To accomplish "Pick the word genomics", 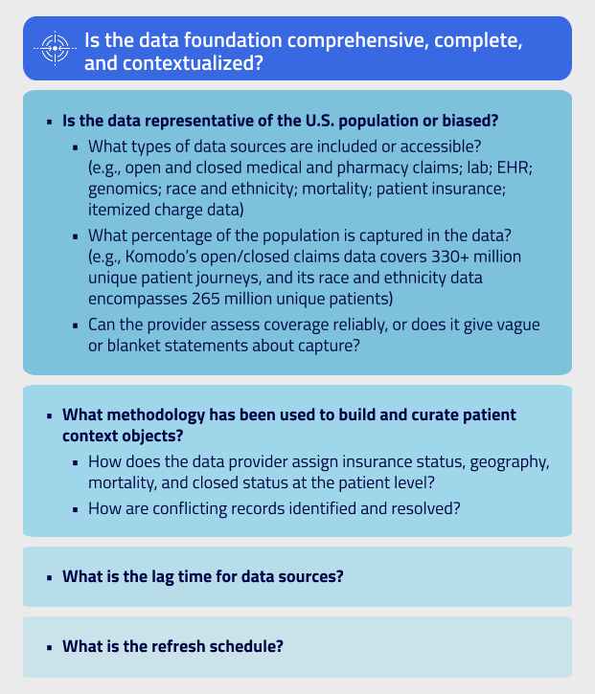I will (121, 190).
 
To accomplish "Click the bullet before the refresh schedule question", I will (48, 646).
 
